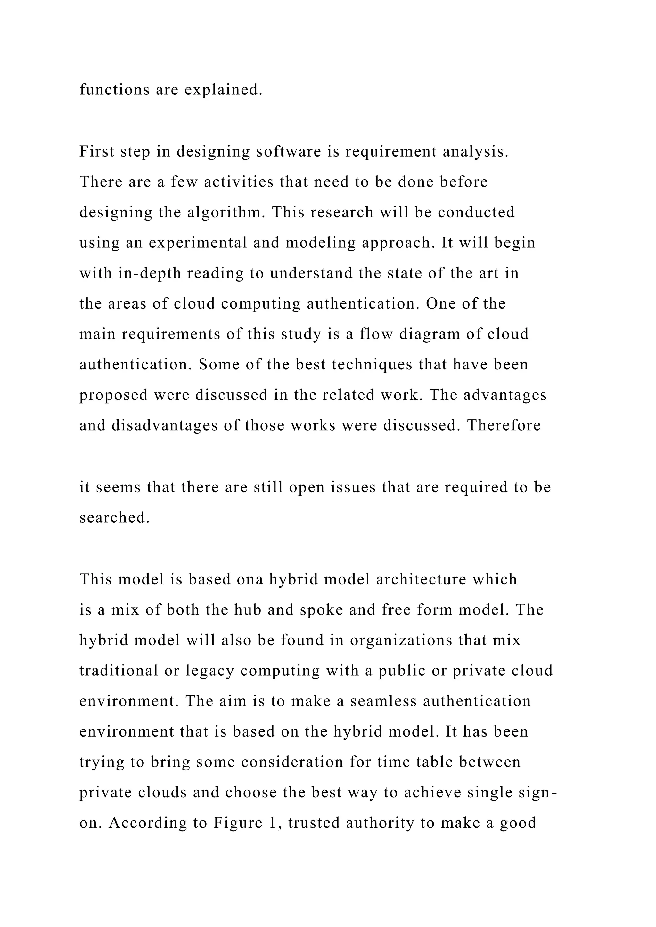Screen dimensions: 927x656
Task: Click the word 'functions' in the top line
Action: (114, 90)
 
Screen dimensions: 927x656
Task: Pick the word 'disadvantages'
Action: (164, 425)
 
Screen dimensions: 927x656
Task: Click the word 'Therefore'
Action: (504, 425)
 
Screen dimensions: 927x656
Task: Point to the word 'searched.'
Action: (114, 518)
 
